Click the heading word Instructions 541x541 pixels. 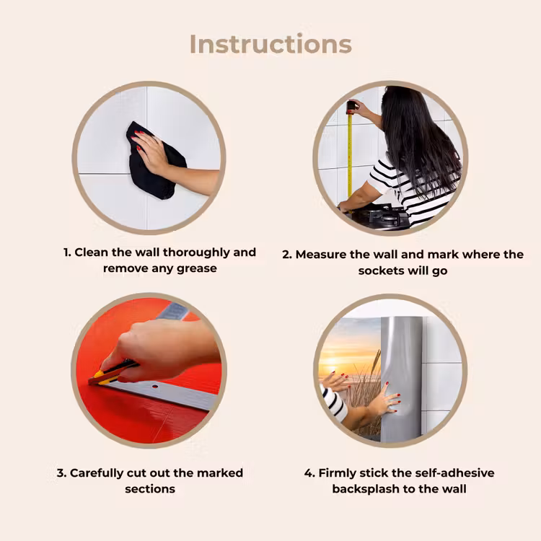click(270, 44)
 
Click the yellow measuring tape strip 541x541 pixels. click(350, 155)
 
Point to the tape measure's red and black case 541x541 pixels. click(351, 107)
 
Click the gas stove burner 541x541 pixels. click(383, 216)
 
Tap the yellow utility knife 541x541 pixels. click(112, 373)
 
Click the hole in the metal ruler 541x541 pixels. click(155, 387)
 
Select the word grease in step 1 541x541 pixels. click(197, 268)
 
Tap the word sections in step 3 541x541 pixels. click(150, 489)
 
